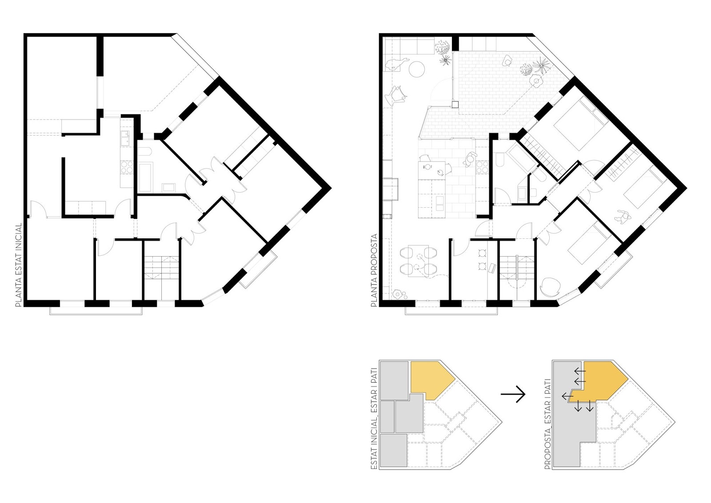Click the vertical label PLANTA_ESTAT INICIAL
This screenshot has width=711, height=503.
point(18,265)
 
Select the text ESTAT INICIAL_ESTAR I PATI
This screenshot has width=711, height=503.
point(375,418)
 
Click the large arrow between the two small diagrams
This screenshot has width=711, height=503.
point(513,394)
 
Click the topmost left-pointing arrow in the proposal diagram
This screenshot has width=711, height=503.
point(579,371)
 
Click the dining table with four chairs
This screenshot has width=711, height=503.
point(418,261)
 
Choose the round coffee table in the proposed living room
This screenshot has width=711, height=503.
point(416,69)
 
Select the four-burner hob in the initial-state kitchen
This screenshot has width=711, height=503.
point(127,168)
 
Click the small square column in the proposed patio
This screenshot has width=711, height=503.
point(455,105)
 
